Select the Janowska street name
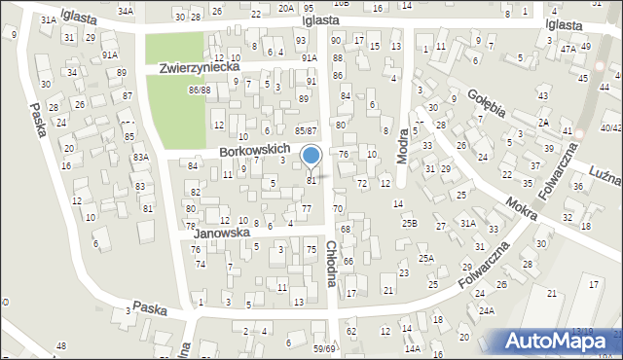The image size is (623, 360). pos(222,234)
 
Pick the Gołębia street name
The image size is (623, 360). pos(485,105)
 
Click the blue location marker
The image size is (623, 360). pos(311,156)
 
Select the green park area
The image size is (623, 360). pos(176,83)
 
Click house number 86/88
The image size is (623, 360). pos(200,90)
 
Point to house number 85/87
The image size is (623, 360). pos(306,130)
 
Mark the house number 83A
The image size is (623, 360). pos(141,157)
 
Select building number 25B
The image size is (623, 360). pos(409,224)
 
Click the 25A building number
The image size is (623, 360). pos(425,258)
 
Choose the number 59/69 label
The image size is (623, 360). pos(324,348)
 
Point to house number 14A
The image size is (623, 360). pos(412,348)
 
